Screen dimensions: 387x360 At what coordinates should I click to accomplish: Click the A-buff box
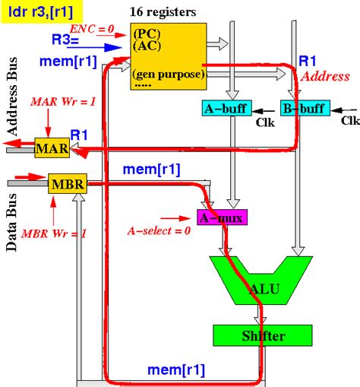click(223, 107)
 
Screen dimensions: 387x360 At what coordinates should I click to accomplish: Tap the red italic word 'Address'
click(325, 76)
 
